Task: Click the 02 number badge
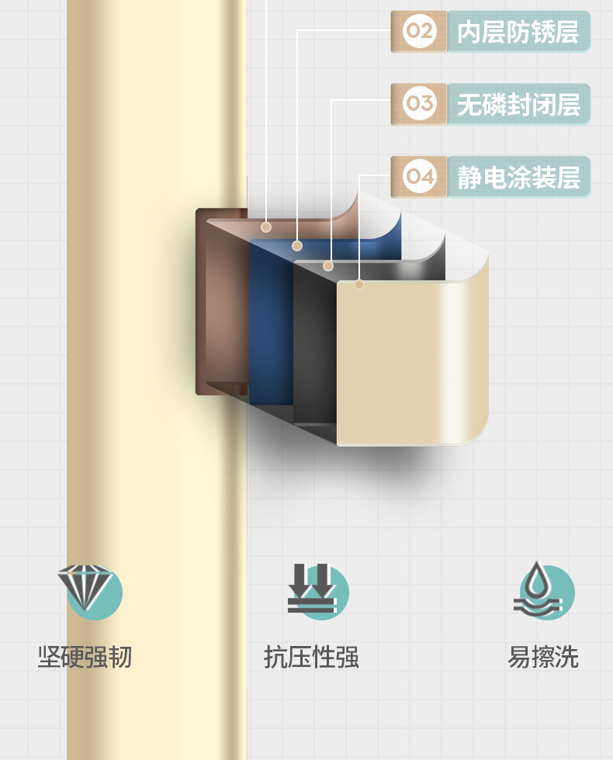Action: tap(420, 32)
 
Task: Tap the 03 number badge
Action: tap(420, 104)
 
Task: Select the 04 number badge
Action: tap(420, 177)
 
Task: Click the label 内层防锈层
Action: tap(518, 32)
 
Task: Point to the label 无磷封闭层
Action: tap(518, 104)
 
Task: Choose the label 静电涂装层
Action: tap(518, 177)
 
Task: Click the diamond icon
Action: tap(86, 587)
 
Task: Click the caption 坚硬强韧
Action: tap(85, 657)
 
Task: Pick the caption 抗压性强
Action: tap(311, 657)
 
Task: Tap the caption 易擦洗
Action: tap(543, 657)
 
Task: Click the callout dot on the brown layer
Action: tap(266, 227)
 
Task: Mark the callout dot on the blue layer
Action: tap(297, 246)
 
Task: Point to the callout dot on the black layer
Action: tap(328, 266)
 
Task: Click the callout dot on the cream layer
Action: tap(359, 285)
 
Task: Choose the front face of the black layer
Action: tap(314, 345)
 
